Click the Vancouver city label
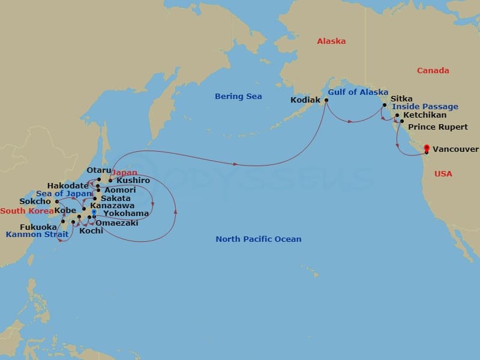(455, 149)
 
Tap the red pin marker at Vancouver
(427, 148)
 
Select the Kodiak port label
(305, 100)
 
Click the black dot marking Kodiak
(326, 100)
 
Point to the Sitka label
(401, 98)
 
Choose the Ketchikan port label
(425, 115)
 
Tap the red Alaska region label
(331, 41)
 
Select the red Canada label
(433, 71)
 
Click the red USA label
(443, 173)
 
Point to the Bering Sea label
(238, 97)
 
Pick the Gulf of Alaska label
(358, 92)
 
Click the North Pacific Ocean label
(258, 239)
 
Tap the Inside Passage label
(425, 107)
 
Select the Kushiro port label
(133, 180)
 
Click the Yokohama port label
(126, 213)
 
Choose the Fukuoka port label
(38, 227)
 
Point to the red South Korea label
(26, 211)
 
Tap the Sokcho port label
(35, 202)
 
